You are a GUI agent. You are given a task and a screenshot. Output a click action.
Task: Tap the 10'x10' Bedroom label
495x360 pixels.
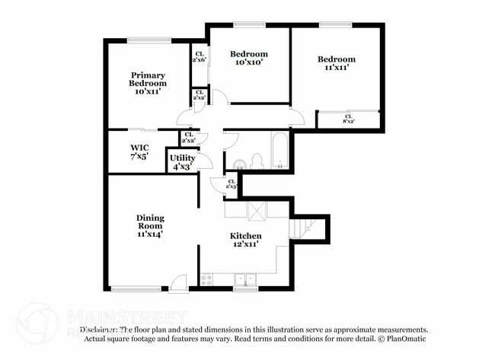click(249, 58)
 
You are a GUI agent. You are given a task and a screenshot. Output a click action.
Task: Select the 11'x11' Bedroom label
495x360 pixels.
click(336, 64)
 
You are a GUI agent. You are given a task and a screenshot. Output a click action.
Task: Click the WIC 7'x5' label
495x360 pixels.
click(139, 151)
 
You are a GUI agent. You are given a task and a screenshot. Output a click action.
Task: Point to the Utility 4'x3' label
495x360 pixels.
click(182, 161)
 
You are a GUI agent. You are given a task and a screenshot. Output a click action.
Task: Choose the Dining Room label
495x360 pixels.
click(150, 226)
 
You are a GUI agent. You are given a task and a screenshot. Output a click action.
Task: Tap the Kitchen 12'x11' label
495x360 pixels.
click(246, 241)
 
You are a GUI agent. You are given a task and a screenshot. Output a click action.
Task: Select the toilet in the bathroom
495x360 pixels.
click(257, 160)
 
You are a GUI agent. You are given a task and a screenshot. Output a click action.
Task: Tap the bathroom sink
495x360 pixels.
click(238, 162)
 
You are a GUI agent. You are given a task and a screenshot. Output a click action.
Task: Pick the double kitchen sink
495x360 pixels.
click(245, 279)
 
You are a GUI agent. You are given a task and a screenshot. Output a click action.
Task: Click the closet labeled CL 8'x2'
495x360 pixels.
click(350, 120)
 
